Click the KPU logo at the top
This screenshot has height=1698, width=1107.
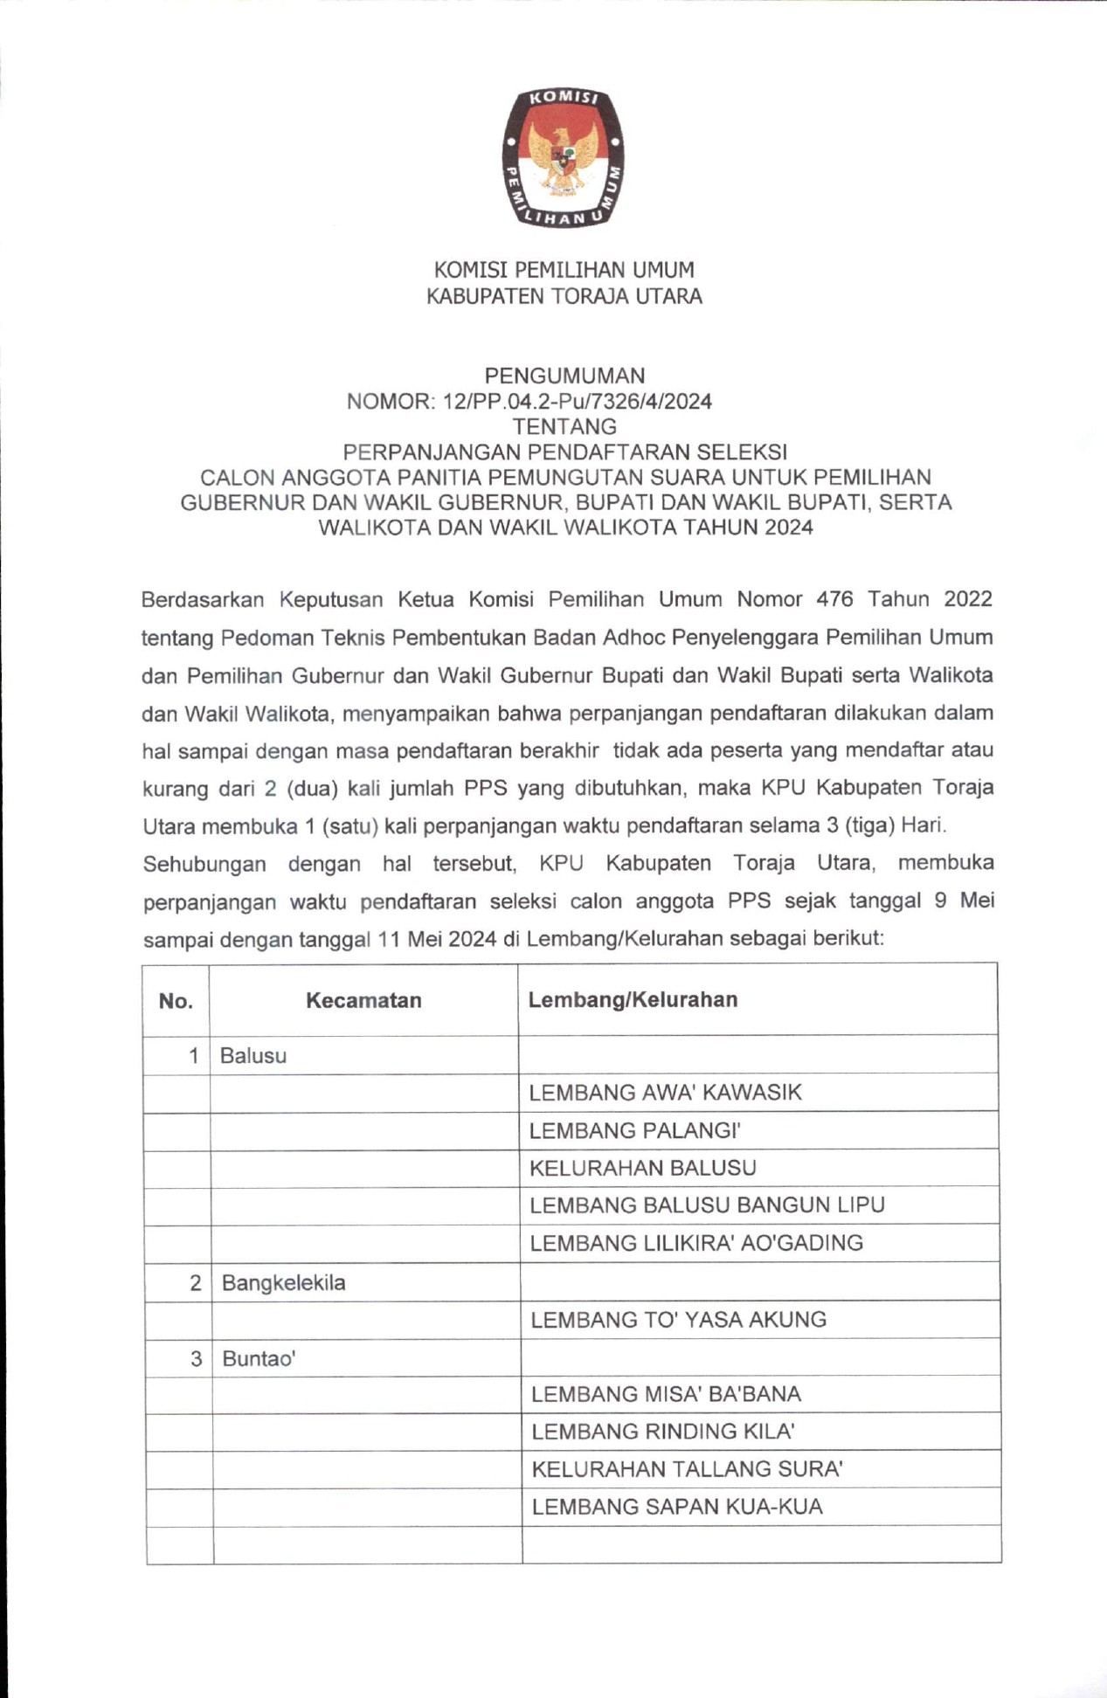click(x=563, y=157)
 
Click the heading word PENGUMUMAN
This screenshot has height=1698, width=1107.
click(x=564, y=376)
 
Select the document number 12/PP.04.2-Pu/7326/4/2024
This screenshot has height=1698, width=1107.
click(x=578, y=402)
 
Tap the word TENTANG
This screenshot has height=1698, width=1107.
click(x=564, y=426)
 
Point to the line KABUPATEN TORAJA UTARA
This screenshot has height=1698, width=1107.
click(x=564, y=296)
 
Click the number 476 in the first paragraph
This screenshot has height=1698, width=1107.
click(x=834, y=599)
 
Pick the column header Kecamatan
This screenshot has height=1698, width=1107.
click(x=363, y=1000)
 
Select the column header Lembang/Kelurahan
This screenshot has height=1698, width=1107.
click(x=633, y=999)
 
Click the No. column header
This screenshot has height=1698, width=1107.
click(x=176, y=1001)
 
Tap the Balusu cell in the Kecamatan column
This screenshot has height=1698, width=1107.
click(x=253, y=1055)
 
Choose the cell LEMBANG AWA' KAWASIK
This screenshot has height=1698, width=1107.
click(x=665, y=1093)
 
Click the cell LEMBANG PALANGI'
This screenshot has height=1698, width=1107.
click(x=635, y=1131)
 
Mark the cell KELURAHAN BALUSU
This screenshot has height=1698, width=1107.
click(x=643, y=1168)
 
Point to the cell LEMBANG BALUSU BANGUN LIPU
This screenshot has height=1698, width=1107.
click(x=707, y=1205)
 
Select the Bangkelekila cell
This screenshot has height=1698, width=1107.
click(x=284, y=1282)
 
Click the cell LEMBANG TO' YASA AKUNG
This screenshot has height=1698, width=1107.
click(x=678, y=1320)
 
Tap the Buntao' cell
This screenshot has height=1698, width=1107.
click(x=259, y=1358)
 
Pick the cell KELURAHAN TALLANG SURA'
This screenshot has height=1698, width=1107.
click(x=687, y=1469)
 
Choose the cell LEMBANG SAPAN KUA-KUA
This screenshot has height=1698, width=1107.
click(x=677, y=1507)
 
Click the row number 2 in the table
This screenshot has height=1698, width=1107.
click(x=195, y=1282)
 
